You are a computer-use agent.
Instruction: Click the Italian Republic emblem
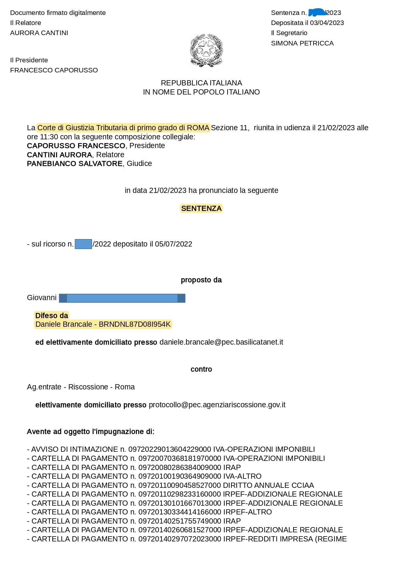[x=206, y=50]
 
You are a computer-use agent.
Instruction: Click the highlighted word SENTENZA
[x=201, y=209]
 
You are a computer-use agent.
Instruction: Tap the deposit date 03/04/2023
[x=327, y=23]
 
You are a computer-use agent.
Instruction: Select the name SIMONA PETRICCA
[x=302, y=43]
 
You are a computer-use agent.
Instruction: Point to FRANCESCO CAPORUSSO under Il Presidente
[x=54, y=70]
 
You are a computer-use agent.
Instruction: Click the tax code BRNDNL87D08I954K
[x=135, y=324]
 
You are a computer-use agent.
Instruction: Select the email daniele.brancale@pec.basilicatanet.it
[x=221, y=342]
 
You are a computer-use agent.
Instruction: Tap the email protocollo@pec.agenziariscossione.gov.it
[x=217, y=405]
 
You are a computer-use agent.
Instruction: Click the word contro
[x=201, y=369]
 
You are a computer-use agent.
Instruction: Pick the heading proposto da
[x=201, y=280]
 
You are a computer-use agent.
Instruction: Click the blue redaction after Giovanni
[x=122, y=298]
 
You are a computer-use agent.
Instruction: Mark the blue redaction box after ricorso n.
[x=83, y=244]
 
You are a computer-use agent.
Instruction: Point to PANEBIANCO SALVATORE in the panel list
[x=75, y=164]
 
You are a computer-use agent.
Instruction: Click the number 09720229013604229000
[x=170, y=450]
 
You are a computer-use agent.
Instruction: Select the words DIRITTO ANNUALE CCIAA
[x=268, y=486]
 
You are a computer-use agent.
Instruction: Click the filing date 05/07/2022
[x=174, y=244]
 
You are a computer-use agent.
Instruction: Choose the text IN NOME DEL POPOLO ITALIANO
[x=201, y=92]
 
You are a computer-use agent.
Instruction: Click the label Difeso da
[x=52, y=316]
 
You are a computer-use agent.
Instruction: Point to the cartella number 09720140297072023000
[x=180, y=539]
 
